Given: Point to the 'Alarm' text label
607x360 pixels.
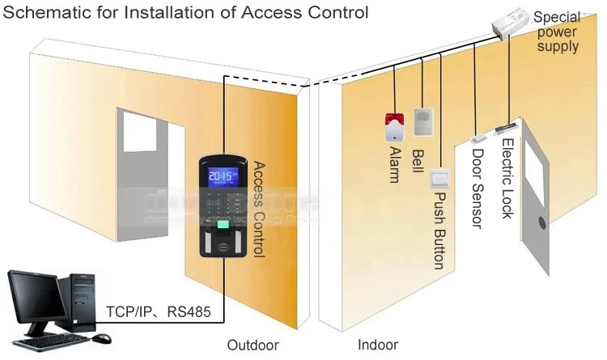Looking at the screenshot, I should point(393,164).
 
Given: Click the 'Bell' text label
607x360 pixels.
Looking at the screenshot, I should point(418,157).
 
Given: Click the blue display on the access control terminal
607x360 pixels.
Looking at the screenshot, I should point(223,177).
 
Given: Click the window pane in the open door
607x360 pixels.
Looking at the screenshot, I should point(536,171).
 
